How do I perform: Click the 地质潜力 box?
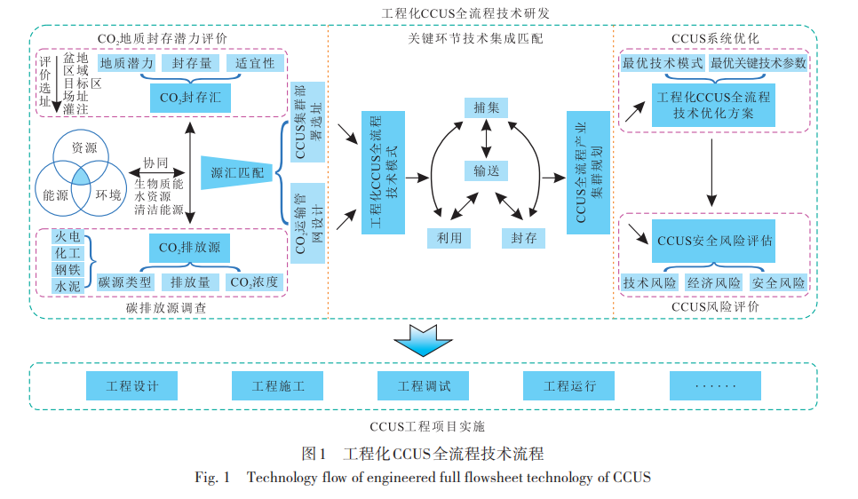pos(127,64)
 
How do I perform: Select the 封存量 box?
pos(192,64)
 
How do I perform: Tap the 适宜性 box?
pos(256,64)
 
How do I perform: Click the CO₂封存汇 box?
pos(190,98)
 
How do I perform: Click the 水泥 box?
pos(68,286)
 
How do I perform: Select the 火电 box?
pos(68,236)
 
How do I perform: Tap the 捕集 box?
pos(486,107)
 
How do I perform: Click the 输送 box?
pos(486,171)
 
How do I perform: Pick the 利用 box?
pos(449,238)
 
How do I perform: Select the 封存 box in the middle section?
pos(524,238)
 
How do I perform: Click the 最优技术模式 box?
pos(663,64)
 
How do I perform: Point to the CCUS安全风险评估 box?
pos(714,241)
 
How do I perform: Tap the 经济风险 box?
pos(714,283)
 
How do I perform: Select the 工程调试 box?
pos(424,386)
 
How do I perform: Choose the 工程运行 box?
pos(569,386)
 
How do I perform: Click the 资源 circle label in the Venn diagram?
pos(84,147)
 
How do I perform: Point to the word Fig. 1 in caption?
pos(212,478)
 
